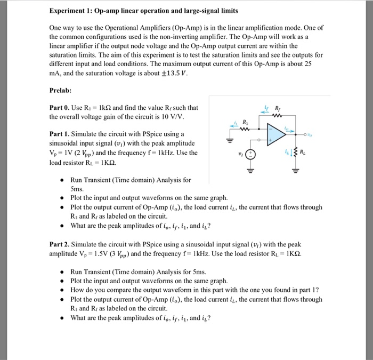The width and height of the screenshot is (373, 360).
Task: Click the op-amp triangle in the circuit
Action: (x=275, y=133)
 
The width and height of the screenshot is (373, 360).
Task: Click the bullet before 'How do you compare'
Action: (x=62, y=290)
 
